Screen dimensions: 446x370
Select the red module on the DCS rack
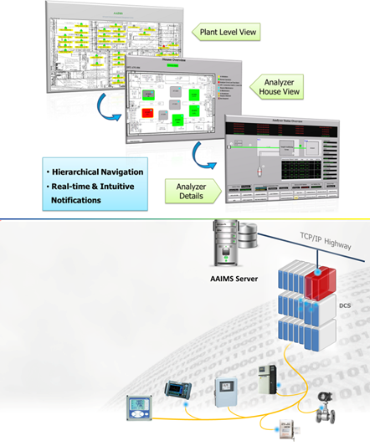click(x=320, y=285)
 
